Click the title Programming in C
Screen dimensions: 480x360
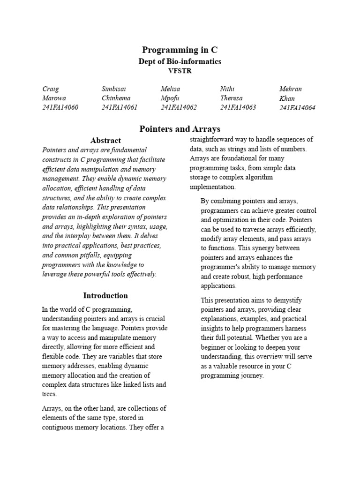180,50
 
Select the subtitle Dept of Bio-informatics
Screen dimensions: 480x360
180,61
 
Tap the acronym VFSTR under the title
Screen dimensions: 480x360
180,71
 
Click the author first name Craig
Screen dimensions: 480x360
51,89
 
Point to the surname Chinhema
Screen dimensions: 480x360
116,98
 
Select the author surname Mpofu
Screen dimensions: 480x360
171,98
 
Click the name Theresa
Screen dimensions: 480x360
232,98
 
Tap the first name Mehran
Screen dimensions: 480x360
291,89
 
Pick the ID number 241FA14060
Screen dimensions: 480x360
60,107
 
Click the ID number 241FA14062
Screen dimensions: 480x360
179,107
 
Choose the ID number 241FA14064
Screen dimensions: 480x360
297,108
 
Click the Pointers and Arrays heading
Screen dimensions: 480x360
180,129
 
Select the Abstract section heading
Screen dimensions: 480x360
105,140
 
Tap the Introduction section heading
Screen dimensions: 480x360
105,296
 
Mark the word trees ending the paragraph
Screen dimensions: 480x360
49,394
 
